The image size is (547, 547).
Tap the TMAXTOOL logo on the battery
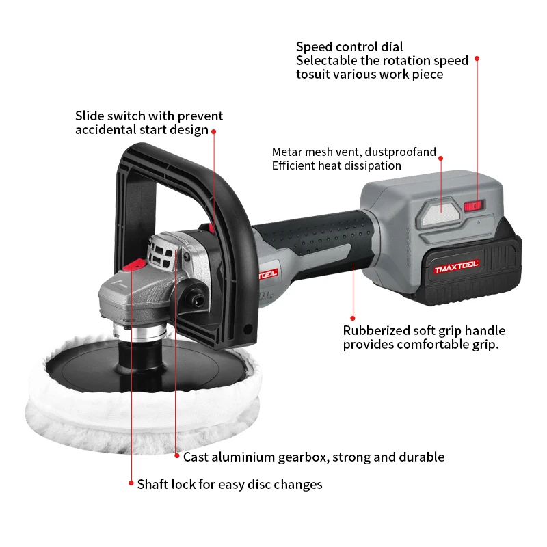pos(457,266)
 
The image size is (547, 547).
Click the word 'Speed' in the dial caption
pos(314,47)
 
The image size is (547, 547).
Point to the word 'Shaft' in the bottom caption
pos(152,484)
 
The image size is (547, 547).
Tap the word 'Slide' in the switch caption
pos(89,116)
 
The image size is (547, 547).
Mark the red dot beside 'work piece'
pos(477,59)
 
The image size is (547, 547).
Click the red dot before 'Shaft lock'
pos(131,483)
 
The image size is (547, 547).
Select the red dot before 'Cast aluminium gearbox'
pos(176,456)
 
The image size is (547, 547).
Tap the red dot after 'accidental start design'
pos(214,131)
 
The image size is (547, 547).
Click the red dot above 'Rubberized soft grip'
pos(353,317)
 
